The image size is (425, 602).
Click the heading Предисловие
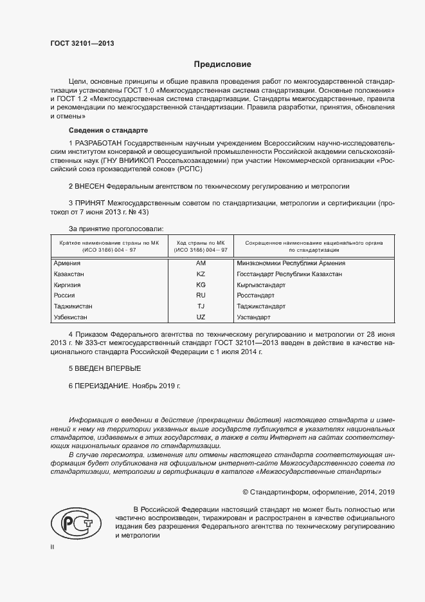point(222,64)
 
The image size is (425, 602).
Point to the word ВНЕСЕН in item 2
point(93,186)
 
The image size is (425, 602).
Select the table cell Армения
point(68,263)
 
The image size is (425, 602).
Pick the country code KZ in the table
point(201,274)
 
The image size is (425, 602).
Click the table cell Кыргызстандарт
point(261,285)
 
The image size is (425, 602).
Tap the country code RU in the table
point(201,296)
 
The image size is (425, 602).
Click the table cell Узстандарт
point(254,317)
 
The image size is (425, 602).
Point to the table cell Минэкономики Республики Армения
point(291,263)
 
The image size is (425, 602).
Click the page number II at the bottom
point(52,547)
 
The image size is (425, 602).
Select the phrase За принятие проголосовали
point(116,229)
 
